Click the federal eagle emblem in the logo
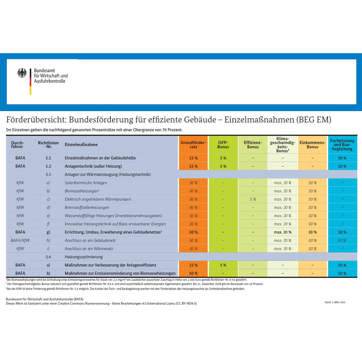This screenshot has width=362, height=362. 22,73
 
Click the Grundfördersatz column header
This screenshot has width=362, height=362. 193,145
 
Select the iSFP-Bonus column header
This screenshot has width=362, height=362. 223,145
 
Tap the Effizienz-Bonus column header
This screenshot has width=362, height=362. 253,145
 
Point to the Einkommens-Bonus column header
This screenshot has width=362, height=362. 312,145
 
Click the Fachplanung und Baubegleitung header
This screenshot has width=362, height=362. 342,145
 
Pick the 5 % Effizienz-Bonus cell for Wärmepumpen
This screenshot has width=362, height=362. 253,199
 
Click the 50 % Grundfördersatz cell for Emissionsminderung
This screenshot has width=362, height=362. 193,273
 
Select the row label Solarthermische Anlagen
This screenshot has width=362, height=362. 86,183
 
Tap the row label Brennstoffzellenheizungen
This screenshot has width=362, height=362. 87,207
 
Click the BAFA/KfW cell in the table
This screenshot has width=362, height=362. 20,240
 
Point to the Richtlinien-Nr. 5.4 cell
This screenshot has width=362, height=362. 48,257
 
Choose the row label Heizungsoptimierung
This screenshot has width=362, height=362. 84,257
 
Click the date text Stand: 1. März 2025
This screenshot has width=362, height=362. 335,302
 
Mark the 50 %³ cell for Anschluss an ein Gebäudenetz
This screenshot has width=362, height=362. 342,240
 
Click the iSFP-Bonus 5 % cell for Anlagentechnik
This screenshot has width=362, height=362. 223,166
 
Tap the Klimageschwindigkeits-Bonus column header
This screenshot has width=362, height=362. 282,145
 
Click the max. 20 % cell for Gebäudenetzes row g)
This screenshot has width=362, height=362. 282,232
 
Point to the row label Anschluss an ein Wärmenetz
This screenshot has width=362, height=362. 89,249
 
